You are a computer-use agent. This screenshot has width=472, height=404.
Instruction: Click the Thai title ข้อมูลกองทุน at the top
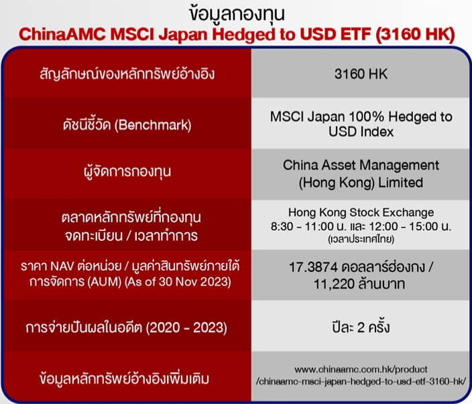[237, 14]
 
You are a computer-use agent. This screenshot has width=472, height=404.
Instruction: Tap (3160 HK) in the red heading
[415, 34]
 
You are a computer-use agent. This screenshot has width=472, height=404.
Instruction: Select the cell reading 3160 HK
[361, 74]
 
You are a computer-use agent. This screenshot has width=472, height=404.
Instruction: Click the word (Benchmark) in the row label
[153, 125]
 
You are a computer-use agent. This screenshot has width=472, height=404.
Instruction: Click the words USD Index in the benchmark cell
[361, 132]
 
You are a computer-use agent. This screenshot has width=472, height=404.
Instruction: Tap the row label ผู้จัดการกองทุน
[127, 172]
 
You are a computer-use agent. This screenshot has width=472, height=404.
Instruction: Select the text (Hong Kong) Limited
[361, 183]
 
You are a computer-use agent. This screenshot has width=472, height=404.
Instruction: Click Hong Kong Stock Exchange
[361, 213]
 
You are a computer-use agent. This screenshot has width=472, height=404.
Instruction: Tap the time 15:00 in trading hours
[423, 226]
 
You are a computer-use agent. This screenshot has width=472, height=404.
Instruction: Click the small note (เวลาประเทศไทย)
[361, 239]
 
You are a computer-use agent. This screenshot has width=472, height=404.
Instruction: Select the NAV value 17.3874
[313, 267]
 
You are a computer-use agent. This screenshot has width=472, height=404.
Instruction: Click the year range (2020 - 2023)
[186, 327]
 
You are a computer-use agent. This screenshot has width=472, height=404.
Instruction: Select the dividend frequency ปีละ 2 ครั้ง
[361, 327]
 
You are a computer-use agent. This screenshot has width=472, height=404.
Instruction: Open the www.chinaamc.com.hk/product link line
[361, 370]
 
